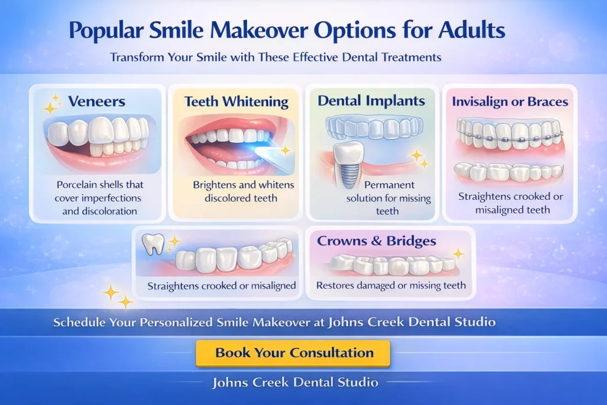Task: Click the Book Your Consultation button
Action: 293,353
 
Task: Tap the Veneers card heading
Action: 97,101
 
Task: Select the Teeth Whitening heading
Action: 236,101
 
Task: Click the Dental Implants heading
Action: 371,101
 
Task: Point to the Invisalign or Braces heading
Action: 510,101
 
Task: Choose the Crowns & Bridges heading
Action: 376,241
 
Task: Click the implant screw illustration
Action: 349,165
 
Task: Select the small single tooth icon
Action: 154,244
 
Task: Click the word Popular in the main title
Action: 106,31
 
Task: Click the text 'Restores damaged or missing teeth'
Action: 391,286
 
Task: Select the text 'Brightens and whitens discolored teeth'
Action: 243,192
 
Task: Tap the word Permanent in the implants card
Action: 389,184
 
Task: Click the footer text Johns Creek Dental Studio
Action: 295,382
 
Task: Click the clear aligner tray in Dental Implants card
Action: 374,127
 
